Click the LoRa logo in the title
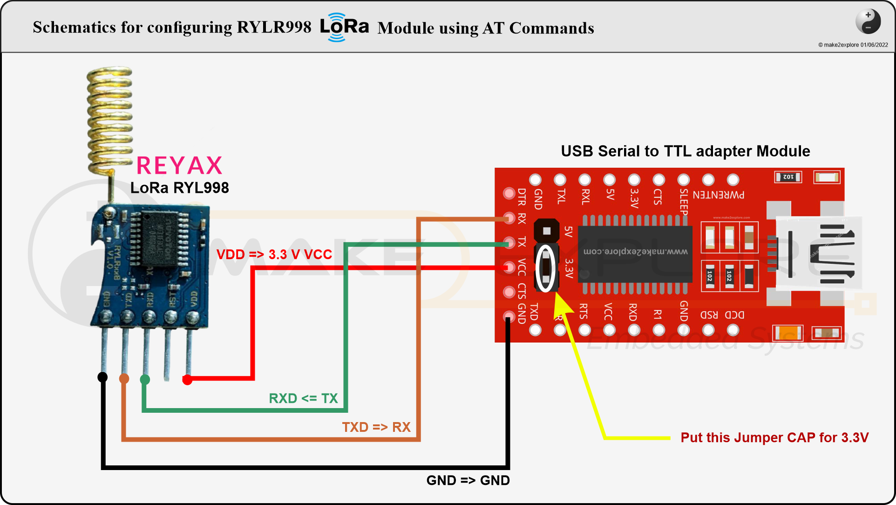coord(344,27)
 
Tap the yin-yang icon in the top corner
coord(868,21)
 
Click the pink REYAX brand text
coord(179,165)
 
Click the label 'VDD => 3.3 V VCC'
coord(274,254)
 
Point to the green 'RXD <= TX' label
coord(303,398)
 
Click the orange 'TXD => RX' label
coord(376,427)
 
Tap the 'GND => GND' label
coord(468,480)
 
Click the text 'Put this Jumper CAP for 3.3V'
coord(774,437)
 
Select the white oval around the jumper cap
coord(546,268)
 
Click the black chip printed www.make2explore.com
coord(635,253)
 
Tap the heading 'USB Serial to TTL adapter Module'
coord(685,151)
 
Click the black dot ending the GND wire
coord(102,377)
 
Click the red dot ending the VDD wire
coord(187,380)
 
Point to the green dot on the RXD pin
coord(145,380)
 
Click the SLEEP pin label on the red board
coord(683,201)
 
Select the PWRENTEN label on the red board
coord(718,195)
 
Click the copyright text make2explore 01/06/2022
coord(853,45)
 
